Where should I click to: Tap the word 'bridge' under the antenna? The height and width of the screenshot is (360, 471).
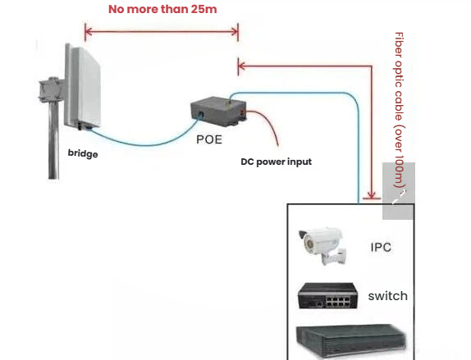click(83, 153)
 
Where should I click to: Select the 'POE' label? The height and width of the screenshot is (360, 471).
click(209, 139)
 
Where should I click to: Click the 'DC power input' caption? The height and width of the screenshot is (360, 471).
click(276, 162)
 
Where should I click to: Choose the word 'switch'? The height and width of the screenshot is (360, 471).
click(387, 295)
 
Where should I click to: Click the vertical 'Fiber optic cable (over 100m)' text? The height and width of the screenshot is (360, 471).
click(400, 112)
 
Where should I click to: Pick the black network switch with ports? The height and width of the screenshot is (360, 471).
click(327, 296)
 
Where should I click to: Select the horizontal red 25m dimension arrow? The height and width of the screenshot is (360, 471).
click(162, 32)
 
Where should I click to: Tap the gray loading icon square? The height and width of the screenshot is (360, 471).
click(399, 190)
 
